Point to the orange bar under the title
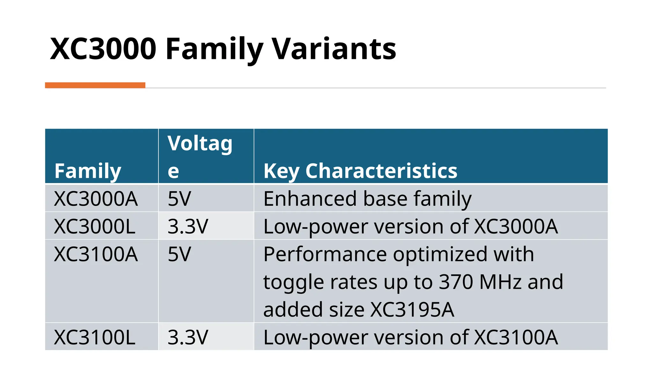[x=95, y=85]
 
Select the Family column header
[x=88, y=171]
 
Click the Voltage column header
[x=200, y=156]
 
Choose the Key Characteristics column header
[x=360, y=171]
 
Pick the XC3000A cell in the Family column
[x=96, y=199]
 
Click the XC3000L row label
[x=95, y=227]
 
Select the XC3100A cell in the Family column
[x=96, y=254]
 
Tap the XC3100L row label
[x=95, y=337]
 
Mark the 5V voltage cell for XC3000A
[x=179, y=199]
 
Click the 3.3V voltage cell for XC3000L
[x=188, y=227]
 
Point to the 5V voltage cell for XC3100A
[x=179, y=254]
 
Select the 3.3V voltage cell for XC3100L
[x=188, y=337]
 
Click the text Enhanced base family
[x=367, y=199]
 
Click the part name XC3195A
[x=413, y=310]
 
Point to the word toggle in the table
[x=293, y=283]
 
